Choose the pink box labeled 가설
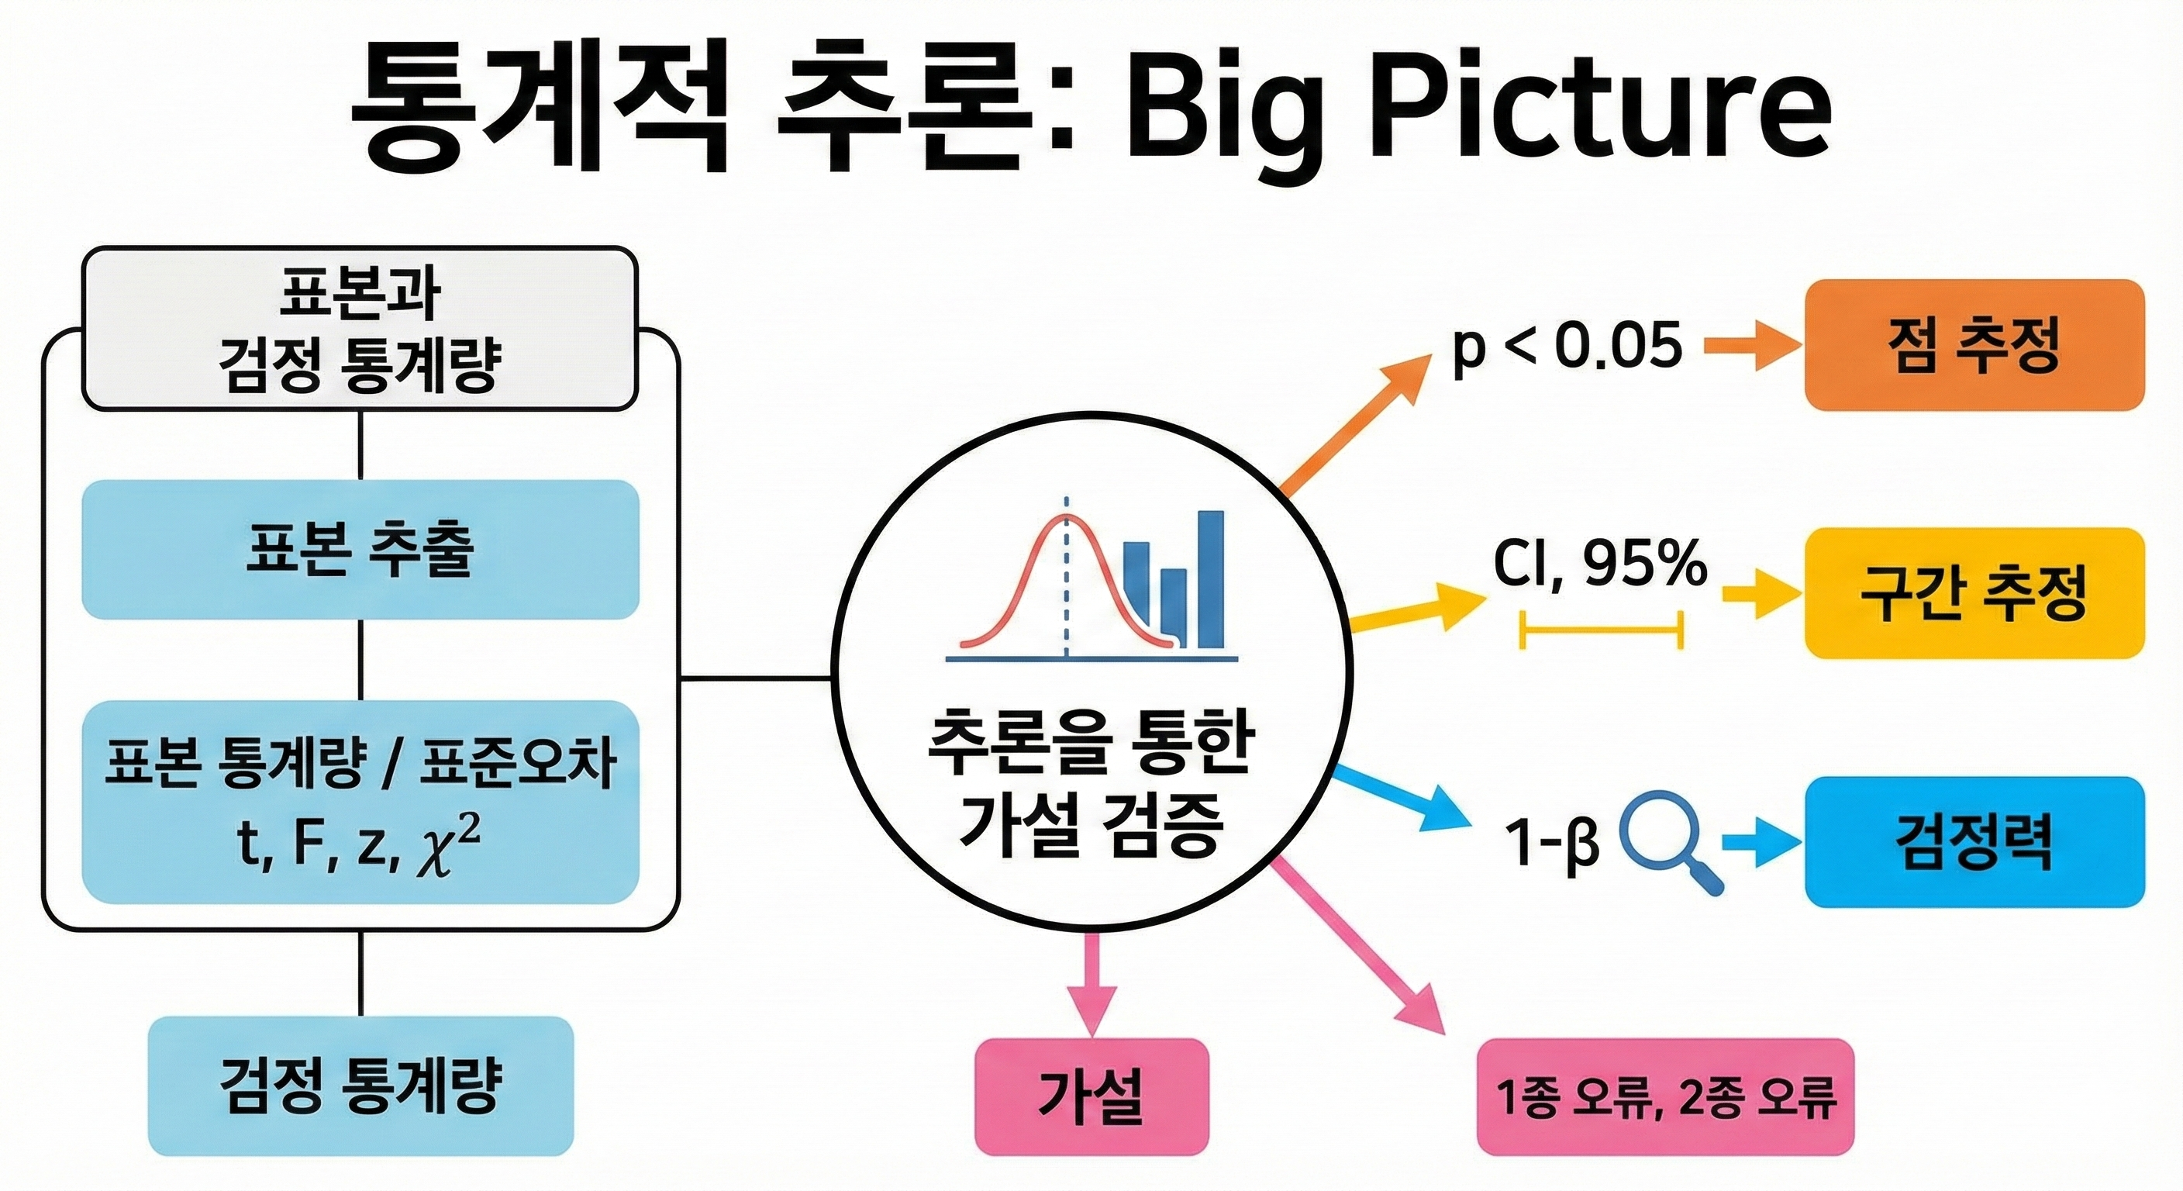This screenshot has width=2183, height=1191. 1091,1096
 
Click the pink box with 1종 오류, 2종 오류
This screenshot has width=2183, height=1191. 1665,1096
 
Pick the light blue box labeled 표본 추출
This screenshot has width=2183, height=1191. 360,549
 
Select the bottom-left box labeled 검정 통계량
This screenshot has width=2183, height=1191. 360,1086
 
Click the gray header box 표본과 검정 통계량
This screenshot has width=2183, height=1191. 360,329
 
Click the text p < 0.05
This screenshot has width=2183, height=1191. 1567,347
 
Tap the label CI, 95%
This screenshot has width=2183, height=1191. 1600,564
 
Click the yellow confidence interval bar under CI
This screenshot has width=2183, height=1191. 1602,630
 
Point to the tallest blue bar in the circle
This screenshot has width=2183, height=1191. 1210,580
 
